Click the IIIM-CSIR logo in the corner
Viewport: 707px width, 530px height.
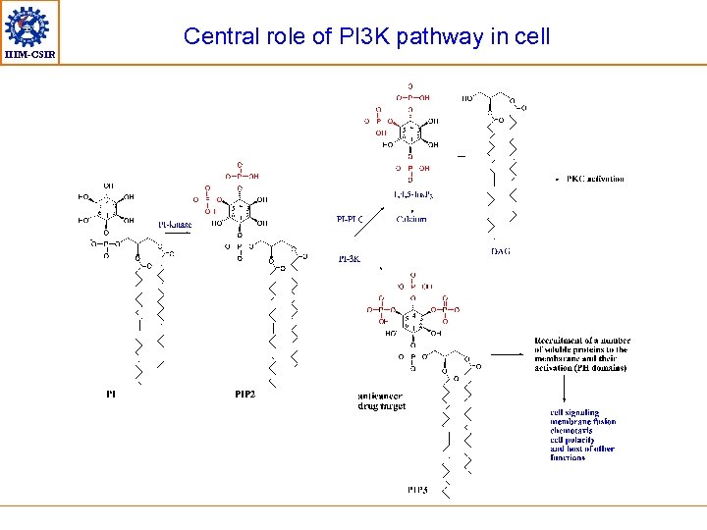pyautogui.click(x=29, y=31)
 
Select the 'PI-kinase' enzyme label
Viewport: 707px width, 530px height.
pyautogui.click(x=175, y=225)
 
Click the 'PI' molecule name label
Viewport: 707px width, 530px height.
pyautogui.click(x=111, y=395)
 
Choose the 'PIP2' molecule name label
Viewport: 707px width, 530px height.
pyautogui.click(x=245, y=395)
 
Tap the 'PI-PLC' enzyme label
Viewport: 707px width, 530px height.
pyautogui.click(x=351, y=219)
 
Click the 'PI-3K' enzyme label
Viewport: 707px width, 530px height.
pyautogui.click(x=350, y=259)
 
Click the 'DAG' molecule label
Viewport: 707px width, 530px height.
pyautogui.click(x=500, y=252)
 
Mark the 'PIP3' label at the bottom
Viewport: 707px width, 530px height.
pyautogui.click(x=417, y=489)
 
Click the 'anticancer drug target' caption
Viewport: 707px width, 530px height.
pyautogui.click(x=382, y=400)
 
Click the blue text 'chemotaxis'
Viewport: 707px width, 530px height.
pyautogui.click(x=571, y=431)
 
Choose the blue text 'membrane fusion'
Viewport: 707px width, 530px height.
pyautogui.click(x=583, y=422)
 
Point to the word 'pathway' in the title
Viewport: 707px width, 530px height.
pyautogui.click(x=432, y=37)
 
